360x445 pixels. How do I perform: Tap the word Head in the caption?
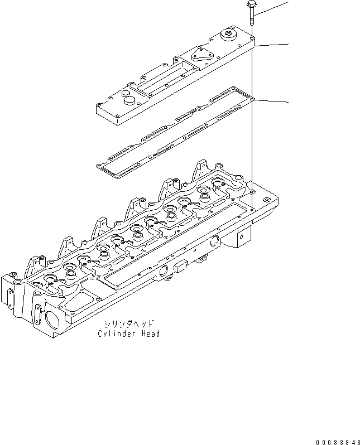click(x=150, y=333)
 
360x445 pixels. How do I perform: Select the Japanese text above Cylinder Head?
click(x=127, y=324)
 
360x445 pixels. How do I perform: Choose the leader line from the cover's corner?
click(x=271, y=44)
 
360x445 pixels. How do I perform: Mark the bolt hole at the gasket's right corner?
click(x=252, y=98)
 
